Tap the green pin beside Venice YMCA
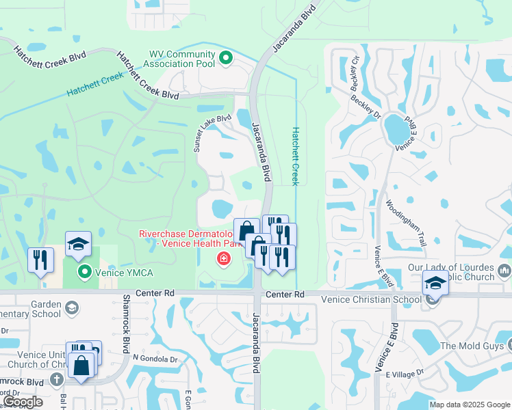(85, 273)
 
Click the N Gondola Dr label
(155, 357)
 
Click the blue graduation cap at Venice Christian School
(435, 282)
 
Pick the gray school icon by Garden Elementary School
(71, 309)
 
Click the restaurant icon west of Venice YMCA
(40, 260)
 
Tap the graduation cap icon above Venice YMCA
(78, 244)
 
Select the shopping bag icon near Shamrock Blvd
(81, 364)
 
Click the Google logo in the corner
(23, 401)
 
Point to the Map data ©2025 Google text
(470, 405)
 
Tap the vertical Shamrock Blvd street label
(125, 318)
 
